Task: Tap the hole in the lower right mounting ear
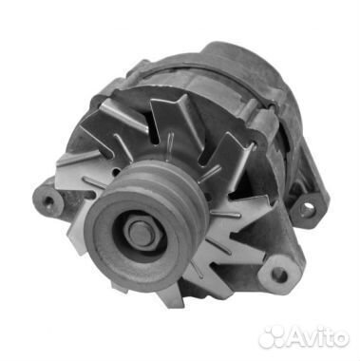click(x=278, y=275)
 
